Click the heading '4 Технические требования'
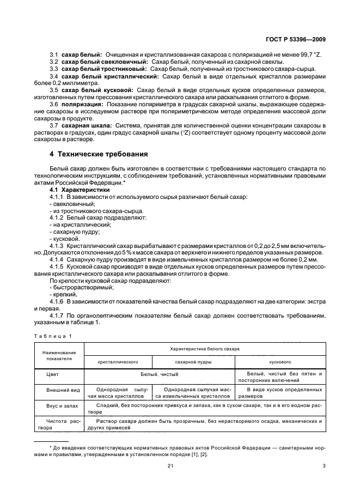tap(99, 154)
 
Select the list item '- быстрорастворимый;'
tap(78, 287)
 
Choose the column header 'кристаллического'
tap(117, 361)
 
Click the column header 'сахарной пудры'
tap(193, 361)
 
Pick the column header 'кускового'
tap(280, 361)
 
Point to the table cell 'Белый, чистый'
tap(158, 375)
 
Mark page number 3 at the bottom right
tap(324, 465)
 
